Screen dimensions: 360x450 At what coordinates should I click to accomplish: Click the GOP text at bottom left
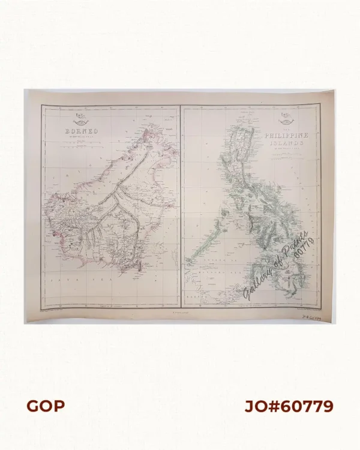pos(45,406)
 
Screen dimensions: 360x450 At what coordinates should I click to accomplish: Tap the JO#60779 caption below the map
pos(289,406)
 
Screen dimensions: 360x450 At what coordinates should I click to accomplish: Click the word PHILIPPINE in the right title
pos(286,136)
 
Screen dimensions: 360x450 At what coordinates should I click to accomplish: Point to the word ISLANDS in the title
pos(286,144)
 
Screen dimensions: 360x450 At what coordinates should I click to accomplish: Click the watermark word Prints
pos(298,239)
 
